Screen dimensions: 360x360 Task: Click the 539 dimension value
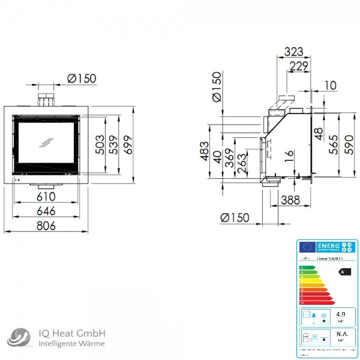click(114, 145)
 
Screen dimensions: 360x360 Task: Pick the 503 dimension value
click(100, 145)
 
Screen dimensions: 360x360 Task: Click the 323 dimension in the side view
click(293, 52)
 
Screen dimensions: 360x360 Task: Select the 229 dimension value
click(298, 66)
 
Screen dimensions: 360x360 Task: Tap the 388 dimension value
click(290, 200)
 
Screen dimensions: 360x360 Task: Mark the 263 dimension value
click(242, 164)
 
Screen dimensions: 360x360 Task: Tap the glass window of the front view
click(46, 142)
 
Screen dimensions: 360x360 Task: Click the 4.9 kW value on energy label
click(341, 314)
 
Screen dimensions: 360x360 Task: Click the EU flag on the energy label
click(308, 247)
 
